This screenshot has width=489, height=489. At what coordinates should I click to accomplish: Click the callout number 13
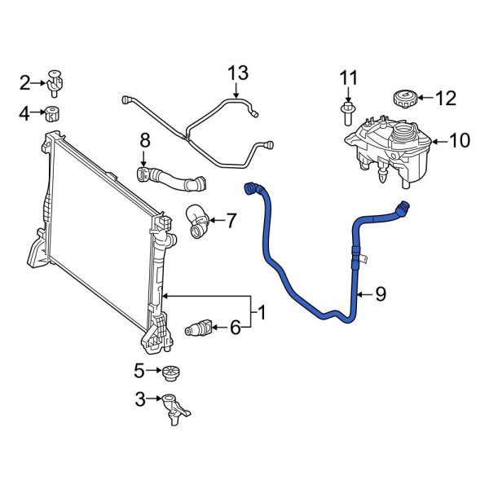(236, 74)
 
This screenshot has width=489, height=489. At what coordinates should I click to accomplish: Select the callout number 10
(459, 141)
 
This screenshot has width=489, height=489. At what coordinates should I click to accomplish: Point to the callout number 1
(262, 311)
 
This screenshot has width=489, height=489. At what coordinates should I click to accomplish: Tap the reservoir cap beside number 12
(405, 99)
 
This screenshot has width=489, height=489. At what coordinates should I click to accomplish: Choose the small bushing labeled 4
(55, 112)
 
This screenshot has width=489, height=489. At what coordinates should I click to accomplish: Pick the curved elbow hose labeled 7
(196, 222)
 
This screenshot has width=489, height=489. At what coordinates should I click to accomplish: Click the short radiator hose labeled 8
(170, 176)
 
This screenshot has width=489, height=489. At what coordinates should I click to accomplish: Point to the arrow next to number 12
(425, 99)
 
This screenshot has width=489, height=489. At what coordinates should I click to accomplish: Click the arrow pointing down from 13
(236, 91)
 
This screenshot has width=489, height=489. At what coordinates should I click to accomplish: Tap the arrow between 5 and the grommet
(154, 372)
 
